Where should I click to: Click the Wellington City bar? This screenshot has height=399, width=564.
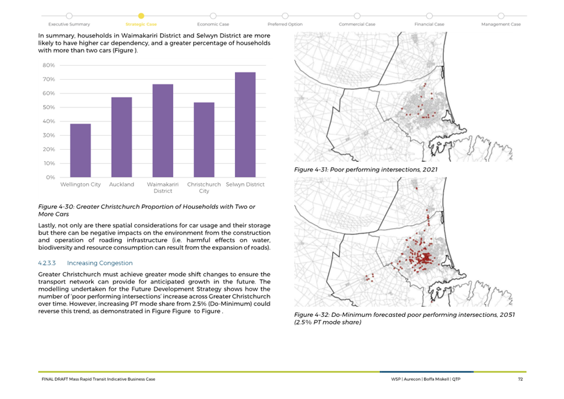[x=80, y=151]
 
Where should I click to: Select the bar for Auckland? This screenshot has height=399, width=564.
[x=121, y=137]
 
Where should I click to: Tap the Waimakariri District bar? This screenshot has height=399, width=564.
[x=163, y=131]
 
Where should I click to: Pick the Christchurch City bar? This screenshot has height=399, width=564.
[x=204, y=140]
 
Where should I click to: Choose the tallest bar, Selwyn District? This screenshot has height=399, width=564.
[x=245, y=125]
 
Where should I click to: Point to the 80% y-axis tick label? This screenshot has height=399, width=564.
[x=48, y=65]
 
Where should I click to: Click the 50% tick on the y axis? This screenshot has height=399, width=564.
[x=48, y=107]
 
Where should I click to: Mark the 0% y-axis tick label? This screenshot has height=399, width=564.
[x=50, y=177]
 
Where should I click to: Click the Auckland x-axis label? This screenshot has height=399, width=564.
[x=121, y=184]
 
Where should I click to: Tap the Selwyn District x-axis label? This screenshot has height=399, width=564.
[x=245, y=184]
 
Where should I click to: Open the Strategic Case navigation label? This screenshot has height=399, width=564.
[x=141, y=24]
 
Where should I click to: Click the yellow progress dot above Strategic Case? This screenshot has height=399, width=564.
[x=141, y=16]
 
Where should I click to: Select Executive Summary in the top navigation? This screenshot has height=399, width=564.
[x=69, y=24]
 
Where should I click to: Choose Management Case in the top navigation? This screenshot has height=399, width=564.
[x=501, y=24]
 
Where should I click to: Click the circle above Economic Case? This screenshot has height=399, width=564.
[x=213, y=16]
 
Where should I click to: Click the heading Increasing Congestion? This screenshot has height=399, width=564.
[x=100, y=263]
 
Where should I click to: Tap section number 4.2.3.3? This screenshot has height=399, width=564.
[x=46, y=263]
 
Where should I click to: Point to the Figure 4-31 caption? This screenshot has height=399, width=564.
[x=366, y=170]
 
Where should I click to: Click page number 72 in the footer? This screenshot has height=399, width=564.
[x=520, y=379]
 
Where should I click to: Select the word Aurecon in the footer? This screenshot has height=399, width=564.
[x=412, y=379]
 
